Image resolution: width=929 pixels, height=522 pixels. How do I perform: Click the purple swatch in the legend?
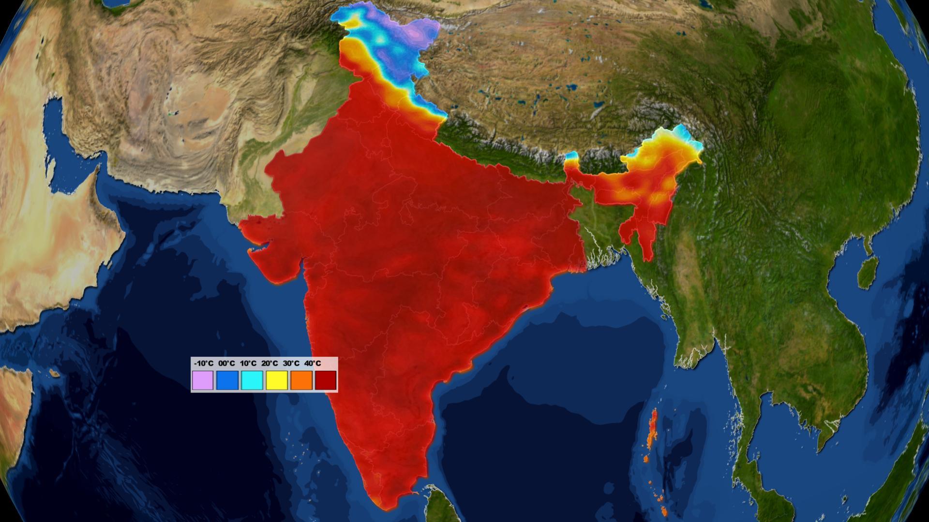click(x=203, y=380)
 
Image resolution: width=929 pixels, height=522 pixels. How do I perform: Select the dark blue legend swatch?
click(x=227, y=380)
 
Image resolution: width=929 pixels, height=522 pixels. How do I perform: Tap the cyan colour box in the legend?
click(x=252, y=380)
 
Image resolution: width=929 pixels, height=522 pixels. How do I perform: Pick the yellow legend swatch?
click(x=277, y=380)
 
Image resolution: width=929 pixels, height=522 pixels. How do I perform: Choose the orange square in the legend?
click(x=301, y=380)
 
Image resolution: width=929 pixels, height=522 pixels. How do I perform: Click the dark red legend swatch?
click(x=326, y=380)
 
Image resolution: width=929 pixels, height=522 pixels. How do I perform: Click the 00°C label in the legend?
click(x=226, y=363)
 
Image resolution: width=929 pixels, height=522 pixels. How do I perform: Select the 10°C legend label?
click(x=248, y=363)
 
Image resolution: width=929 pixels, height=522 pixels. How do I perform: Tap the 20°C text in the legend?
click(x=270, y=363)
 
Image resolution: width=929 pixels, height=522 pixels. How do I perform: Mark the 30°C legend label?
click(x=291, y=363)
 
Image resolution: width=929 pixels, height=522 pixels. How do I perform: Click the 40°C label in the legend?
click(x=313, y=363)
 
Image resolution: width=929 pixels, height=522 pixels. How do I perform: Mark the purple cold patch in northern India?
click(x=414, y=33)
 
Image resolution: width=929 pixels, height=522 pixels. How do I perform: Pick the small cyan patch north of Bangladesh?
click(x=572, y=156)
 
